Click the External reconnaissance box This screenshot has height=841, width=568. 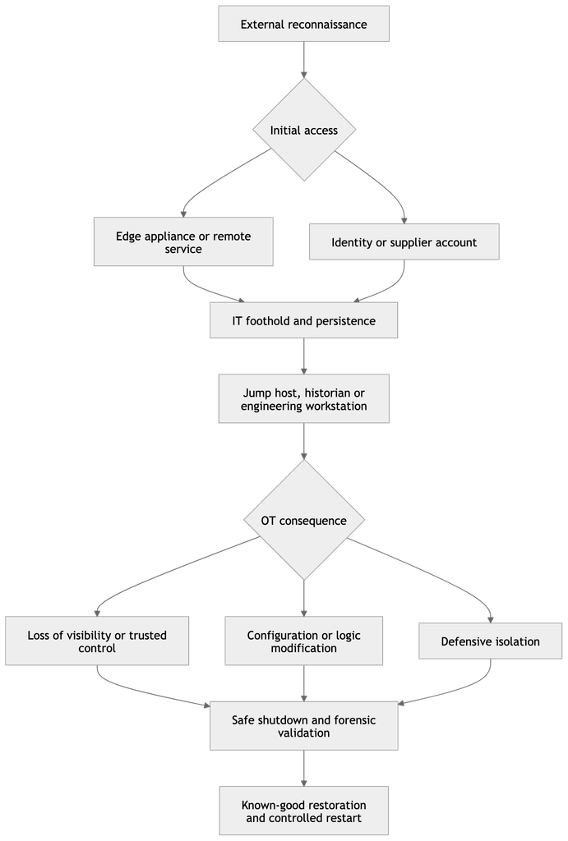click(304, 24)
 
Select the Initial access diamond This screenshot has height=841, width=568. click(304, 130)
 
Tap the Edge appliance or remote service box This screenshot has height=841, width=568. click(183, 241)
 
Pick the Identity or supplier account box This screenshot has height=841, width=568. click(404, 242)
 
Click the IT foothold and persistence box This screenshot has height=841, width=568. click(304, 320)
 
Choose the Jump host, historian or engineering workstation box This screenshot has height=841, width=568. click(304, 398)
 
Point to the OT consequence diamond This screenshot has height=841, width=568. click(304, 520)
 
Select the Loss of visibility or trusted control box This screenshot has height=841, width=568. click(97, 641)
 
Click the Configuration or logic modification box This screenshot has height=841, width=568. click(304, 641)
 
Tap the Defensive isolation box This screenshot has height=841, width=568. click(491, 641)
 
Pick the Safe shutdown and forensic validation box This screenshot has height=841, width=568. click(304, 726)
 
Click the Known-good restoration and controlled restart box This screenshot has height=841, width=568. click(304, 811)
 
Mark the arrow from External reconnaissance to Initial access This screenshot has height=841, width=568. click(304, 60)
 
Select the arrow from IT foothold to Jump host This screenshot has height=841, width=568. click(304, 356)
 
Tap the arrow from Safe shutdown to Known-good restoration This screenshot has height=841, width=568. click(304, 768)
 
